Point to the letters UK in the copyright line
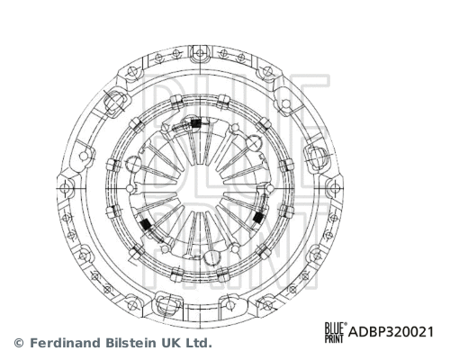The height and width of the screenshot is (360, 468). pyautogui.click(x=175, y=343)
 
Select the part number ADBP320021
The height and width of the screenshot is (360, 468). pyautogui.click(x=391, y=331)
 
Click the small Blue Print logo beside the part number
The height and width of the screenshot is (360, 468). pyautogui.click(x=335, y=331)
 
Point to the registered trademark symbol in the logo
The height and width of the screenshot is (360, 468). pyautogui.click(x=345, y=322)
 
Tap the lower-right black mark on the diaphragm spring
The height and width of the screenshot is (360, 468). pyautogui.click(x=258, y=218)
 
